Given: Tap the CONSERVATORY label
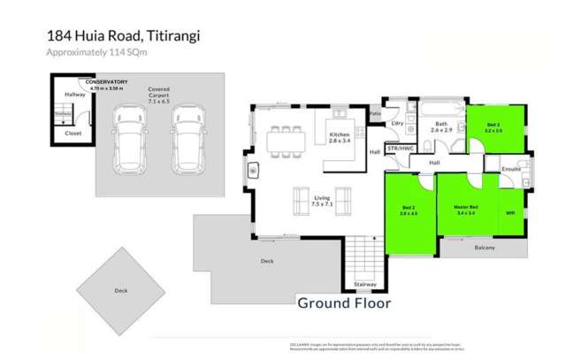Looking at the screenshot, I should tap(100, 83).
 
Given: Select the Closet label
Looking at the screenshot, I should tap(74, 134).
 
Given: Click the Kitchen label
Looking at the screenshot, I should tap(340, 134).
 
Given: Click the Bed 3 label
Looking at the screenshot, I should tap(493, 126).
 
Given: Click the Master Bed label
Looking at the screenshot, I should tap(465, 210).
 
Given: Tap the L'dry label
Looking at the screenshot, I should tap(397, 124).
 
